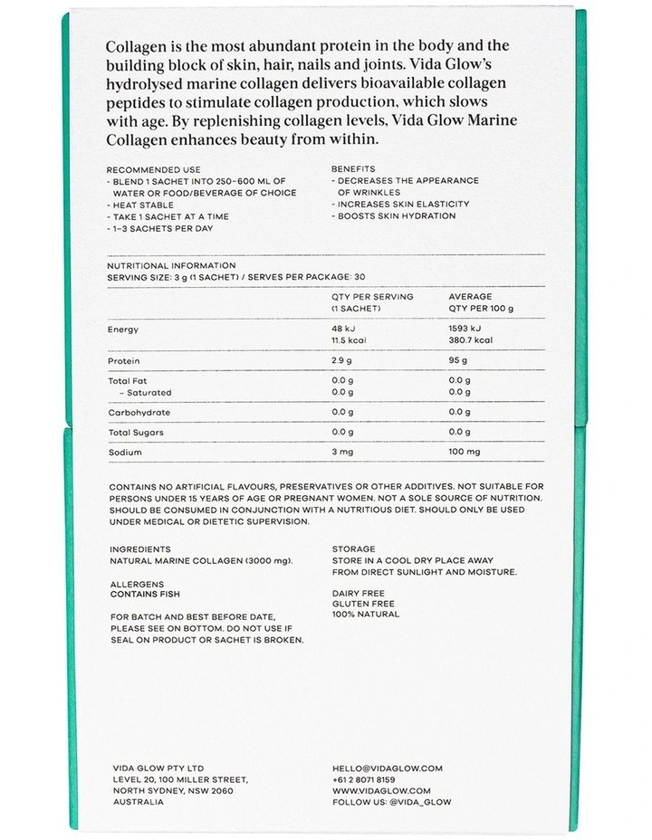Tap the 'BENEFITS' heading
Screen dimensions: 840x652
[x=353, y=169]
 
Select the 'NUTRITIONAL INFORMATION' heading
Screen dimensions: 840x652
[x=171, y=265]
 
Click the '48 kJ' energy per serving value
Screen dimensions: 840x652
[x=345, y=329]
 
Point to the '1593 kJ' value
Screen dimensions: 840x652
[x=465, y=329]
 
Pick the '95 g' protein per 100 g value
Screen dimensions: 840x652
[x=460, y=360]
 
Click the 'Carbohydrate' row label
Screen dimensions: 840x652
[x=139, y=412]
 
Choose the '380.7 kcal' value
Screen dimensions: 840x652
[x=471, y=341]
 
